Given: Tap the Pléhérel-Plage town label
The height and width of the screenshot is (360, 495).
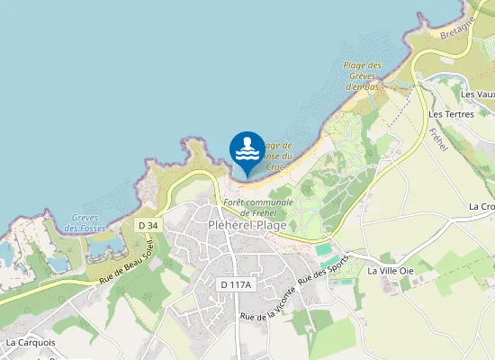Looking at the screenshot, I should tap(247, 225).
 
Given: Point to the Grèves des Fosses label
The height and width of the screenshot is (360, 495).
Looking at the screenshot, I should tap(87, 222).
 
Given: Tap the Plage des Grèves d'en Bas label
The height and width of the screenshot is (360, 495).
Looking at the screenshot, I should tap(363, 76).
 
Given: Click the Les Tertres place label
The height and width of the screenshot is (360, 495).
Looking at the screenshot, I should tap(451, 114).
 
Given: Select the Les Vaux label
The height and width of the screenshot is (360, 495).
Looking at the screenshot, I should tap(477, 94).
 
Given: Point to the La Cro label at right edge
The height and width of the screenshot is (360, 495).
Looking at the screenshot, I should tap(481, 206).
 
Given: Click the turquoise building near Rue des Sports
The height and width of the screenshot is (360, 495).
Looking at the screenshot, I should tap(323, 247).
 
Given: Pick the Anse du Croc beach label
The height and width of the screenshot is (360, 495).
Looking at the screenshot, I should tap(278, 157).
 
